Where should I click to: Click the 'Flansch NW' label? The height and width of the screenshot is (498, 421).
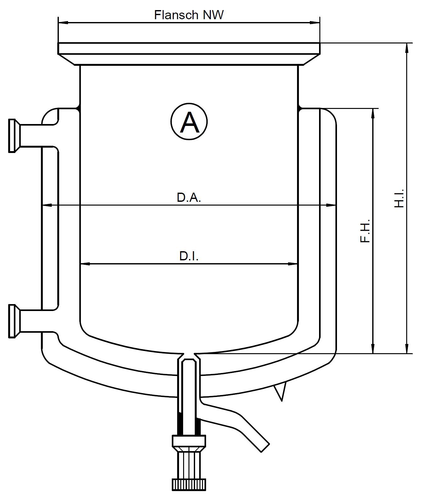click(188, 15)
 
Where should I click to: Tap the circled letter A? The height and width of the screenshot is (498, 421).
click(189, 121)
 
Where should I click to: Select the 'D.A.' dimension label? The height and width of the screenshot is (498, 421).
click(189, 198)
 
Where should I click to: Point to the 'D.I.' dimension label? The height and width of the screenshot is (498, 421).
click(189, 256)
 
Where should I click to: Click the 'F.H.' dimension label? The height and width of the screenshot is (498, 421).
click(365, 230)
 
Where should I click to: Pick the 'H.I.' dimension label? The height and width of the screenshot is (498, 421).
click(399, 198)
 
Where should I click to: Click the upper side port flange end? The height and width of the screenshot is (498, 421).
click(12, 136)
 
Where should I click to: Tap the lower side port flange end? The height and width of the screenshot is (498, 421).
click(12, 321)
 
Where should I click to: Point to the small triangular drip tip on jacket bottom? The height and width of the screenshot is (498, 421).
click(281, 392)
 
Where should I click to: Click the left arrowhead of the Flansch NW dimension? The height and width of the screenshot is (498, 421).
click(63, 22)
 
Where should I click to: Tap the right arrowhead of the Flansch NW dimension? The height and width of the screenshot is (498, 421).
click(315, 22)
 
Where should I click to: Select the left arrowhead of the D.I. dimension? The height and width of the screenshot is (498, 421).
click(86, 264)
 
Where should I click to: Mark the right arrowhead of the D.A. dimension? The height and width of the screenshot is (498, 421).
click(331, 205)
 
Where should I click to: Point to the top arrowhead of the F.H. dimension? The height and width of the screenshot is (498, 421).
click(373, 114)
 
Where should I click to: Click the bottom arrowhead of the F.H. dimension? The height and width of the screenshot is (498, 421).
click(373, 348)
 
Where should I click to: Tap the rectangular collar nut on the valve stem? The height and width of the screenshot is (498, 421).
click(189, 440)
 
